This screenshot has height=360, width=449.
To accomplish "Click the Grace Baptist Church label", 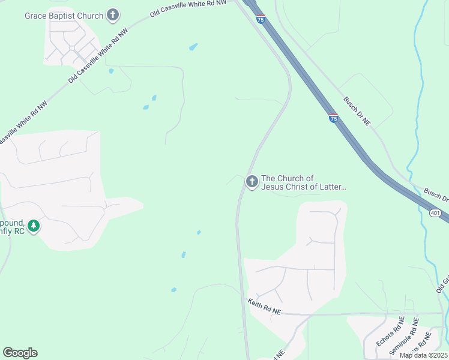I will [64, 16].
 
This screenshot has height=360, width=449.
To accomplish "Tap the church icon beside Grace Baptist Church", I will [113, 16].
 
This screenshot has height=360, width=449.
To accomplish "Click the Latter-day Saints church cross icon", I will [252, 181].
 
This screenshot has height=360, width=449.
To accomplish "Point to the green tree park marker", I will [35, 226].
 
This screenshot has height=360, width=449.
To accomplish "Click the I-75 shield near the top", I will [260, 19].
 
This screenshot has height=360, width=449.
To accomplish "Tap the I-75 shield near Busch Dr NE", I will [333, 118].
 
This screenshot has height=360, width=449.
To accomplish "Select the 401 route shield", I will [436, 213].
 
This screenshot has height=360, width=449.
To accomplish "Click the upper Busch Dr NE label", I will [357, 111].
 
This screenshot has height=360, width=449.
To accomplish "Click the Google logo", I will [20, 353].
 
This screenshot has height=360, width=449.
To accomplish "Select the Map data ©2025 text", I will [424, 355].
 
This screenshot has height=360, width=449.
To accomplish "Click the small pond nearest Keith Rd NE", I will [173, 290].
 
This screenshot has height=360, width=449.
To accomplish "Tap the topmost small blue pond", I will [193, 46].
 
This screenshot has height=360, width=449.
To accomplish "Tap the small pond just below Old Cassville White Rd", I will [111, 71].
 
